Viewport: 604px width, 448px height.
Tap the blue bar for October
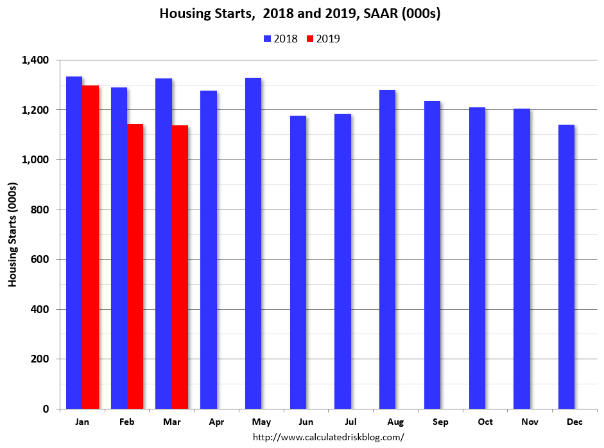click(477, 258)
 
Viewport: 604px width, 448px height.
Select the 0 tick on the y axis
click(46, 409)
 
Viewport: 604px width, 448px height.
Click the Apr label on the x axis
click(216, 422)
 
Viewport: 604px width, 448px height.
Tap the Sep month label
click(440, 422)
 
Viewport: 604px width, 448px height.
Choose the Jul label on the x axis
click(350, 422)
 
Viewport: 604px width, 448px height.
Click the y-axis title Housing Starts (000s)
click(13, 235)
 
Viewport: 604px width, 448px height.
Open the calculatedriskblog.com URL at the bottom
click(328, 437)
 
